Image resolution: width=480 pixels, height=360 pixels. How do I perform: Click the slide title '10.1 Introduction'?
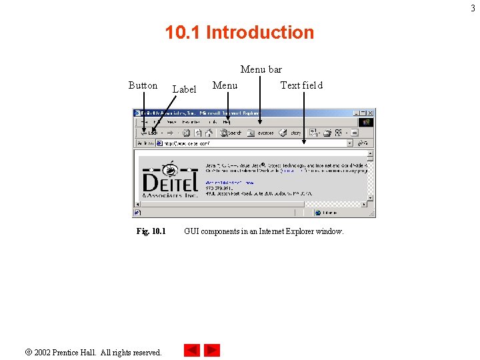coord(239,32)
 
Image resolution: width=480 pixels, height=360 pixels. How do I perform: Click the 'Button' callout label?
coord(143,85)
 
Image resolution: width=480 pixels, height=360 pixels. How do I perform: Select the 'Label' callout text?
coord(184,89)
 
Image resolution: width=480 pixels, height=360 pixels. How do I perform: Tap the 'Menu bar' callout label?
coord(261,69)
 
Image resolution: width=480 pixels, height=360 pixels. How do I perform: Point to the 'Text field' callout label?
coord(301,85)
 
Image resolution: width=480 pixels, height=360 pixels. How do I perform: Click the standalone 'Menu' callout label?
coord(225,85)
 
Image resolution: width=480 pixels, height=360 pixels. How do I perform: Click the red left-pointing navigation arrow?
coord(192,350)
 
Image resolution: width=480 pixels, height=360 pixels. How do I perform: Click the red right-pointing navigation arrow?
coord(212,350)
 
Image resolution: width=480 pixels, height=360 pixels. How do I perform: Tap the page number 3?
coord(474,7)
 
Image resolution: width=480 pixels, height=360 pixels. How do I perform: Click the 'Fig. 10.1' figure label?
coord(151,231)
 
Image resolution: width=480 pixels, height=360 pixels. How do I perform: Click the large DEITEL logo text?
coord(170,181)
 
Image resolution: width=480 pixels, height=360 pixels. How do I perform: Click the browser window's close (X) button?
coord(371,113)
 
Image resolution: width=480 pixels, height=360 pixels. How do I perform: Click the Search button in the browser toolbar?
coord(233,133)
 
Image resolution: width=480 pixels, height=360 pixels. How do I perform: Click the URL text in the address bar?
coord(193,143)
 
